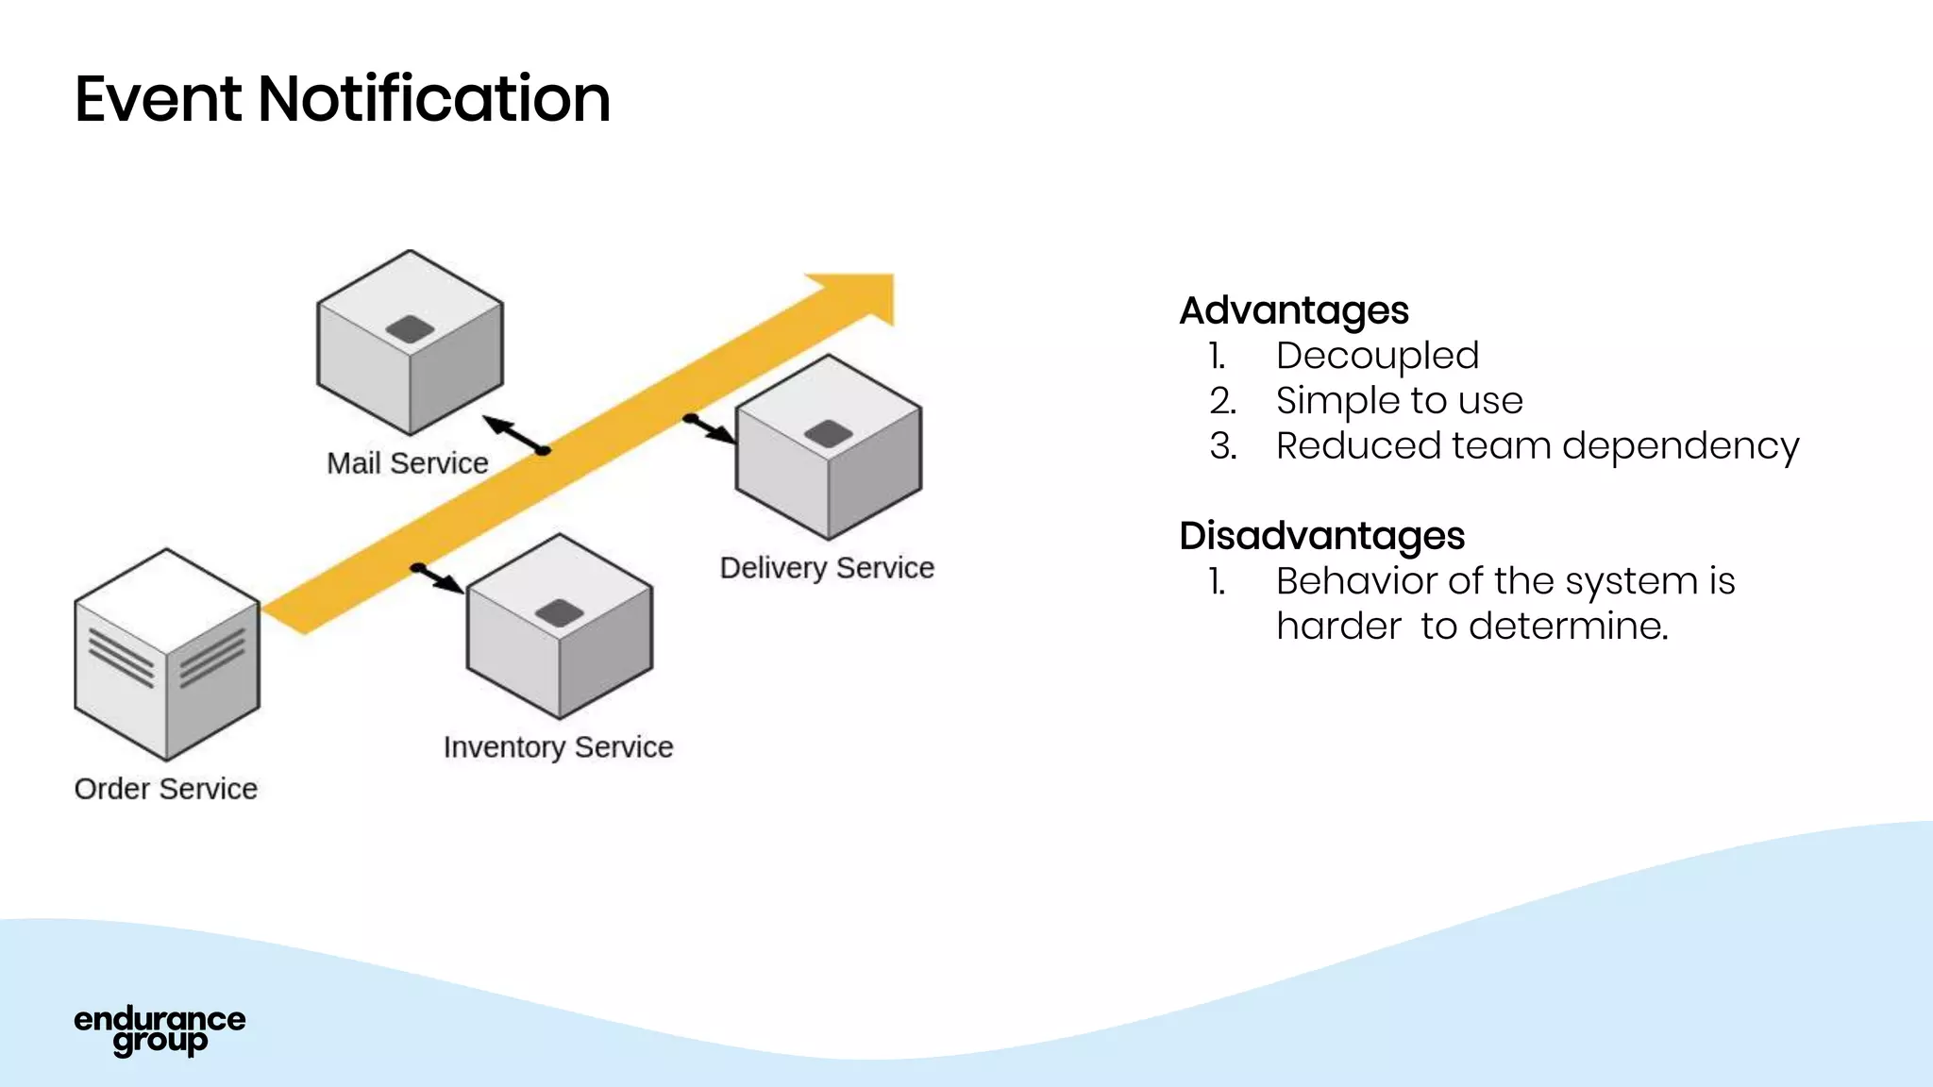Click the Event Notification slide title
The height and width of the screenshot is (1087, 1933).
tap(342, 99)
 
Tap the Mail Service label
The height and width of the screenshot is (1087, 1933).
tap(407, 463)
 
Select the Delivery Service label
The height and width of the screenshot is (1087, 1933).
tap(827, 567)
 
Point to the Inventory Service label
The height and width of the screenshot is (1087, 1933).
tap(558, 746)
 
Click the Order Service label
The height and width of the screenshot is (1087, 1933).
tap(166, 788)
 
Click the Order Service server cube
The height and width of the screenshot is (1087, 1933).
tap(166, 655)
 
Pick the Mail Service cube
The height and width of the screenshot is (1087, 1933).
tap(410, 343)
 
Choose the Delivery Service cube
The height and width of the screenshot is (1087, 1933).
tap(828, 447)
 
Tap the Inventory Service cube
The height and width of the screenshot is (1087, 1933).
tap(559, 627)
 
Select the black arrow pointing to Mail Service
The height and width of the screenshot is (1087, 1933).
tap(514, 435)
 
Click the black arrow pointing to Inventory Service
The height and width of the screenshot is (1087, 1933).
tap(438, 578)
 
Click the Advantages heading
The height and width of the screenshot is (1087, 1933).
tap(1294, 310)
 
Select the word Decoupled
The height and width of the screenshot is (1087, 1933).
tap(1377, 356)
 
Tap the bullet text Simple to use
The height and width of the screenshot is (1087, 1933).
tap(1399, 400)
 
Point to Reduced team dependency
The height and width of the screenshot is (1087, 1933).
tap(1537, 445)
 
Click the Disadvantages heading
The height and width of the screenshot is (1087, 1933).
tap(1321, 535)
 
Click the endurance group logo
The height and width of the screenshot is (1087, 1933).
tap(160, 1030)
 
